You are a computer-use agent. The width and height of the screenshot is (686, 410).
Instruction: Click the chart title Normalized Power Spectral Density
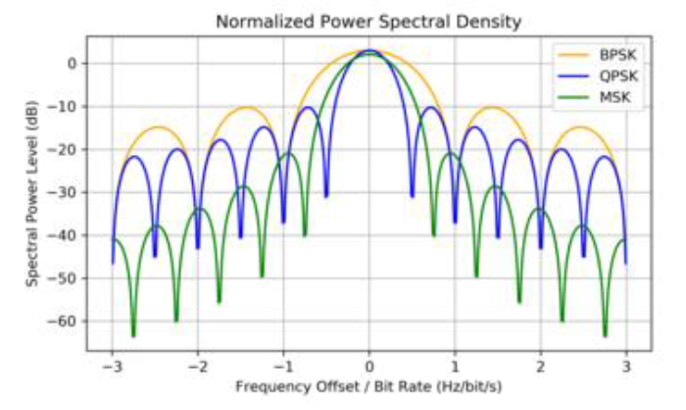[x=367, y=21]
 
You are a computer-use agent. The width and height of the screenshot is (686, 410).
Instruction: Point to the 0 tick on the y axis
[x=71, y=64]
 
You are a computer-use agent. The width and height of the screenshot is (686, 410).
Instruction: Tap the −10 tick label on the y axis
[x=64, y=106]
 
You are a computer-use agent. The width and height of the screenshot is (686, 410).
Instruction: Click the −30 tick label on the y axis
[x=64, y=192]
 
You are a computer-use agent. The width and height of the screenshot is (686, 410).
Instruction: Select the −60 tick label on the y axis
[x=64, y=322]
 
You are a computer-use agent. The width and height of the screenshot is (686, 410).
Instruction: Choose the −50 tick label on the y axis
[x=64, y=279]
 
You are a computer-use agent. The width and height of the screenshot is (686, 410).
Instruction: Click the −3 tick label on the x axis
[x=112, y=366]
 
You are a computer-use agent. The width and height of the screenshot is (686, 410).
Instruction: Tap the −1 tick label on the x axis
[x=283, y=366]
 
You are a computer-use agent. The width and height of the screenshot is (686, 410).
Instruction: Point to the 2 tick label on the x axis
[x=540, y=366]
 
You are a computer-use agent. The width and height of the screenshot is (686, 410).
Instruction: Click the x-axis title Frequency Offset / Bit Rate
[x=367, y=386]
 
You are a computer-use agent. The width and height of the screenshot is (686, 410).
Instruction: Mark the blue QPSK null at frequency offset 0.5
[x=412, y=196]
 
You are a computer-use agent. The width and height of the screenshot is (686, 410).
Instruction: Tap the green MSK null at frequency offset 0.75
[x=433, y=235]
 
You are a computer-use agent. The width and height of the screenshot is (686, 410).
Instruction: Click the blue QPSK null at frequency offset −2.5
[x=155, y=257]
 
